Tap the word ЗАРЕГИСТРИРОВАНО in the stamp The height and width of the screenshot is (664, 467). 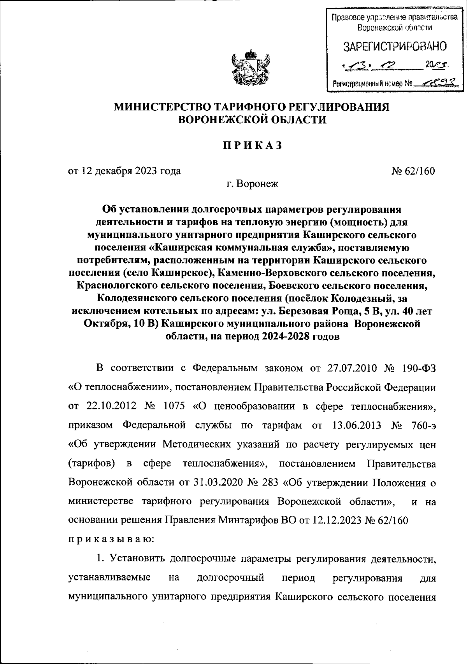[394, 47]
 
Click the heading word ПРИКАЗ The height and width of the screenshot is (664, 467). [251, 145]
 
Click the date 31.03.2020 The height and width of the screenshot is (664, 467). [219, 482]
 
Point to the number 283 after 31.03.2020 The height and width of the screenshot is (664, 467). [270, 482]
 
